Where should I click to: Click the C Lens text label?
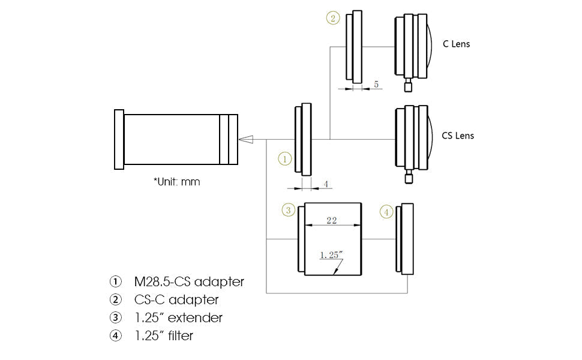pyautogui.click(x=457, y=44)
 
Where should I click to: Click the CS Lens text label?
pyautogui.click(x=458, y=136)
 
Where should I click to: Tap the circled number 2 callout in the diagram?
pyautogui.click(x=333, y=18)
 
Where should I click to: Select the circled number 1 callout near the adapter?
pyautogui.click(x=284, y=159)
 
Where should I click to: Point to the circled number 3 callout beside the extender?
pyautogui.click(x=289, y=210)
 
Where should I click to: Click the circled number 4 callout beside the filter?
pyautogui.click(x=386, y=212)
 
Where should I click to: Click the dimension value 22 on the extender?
pyautogui.click(x=331, y=220)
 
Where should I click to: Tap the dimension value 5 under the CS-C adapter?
pyautogui.click(x=376, y=85)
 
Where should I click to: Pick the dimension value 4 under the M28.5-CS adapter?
pyautogui.click(x=326, y=184)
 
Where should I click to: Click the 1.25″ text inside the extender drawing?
pyautogui.click(x=331, y=255)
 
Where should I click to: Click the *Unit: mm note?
pyautogui.click(x=176, y=181)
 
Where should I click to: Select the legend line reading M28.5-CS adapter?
pyautogui.click(x=189, y=281)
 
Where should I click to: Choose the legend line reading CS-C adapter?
pyautogui.click(x=176, y=299)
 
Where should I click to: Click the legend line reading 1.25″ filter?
pyautogui.click(x=164, y=335)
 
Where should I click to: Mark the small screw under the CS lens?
pyautogui.click(x=409, y=177)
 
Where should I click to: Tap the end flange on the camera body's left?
pyautogui.click(x=119, y=140)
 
